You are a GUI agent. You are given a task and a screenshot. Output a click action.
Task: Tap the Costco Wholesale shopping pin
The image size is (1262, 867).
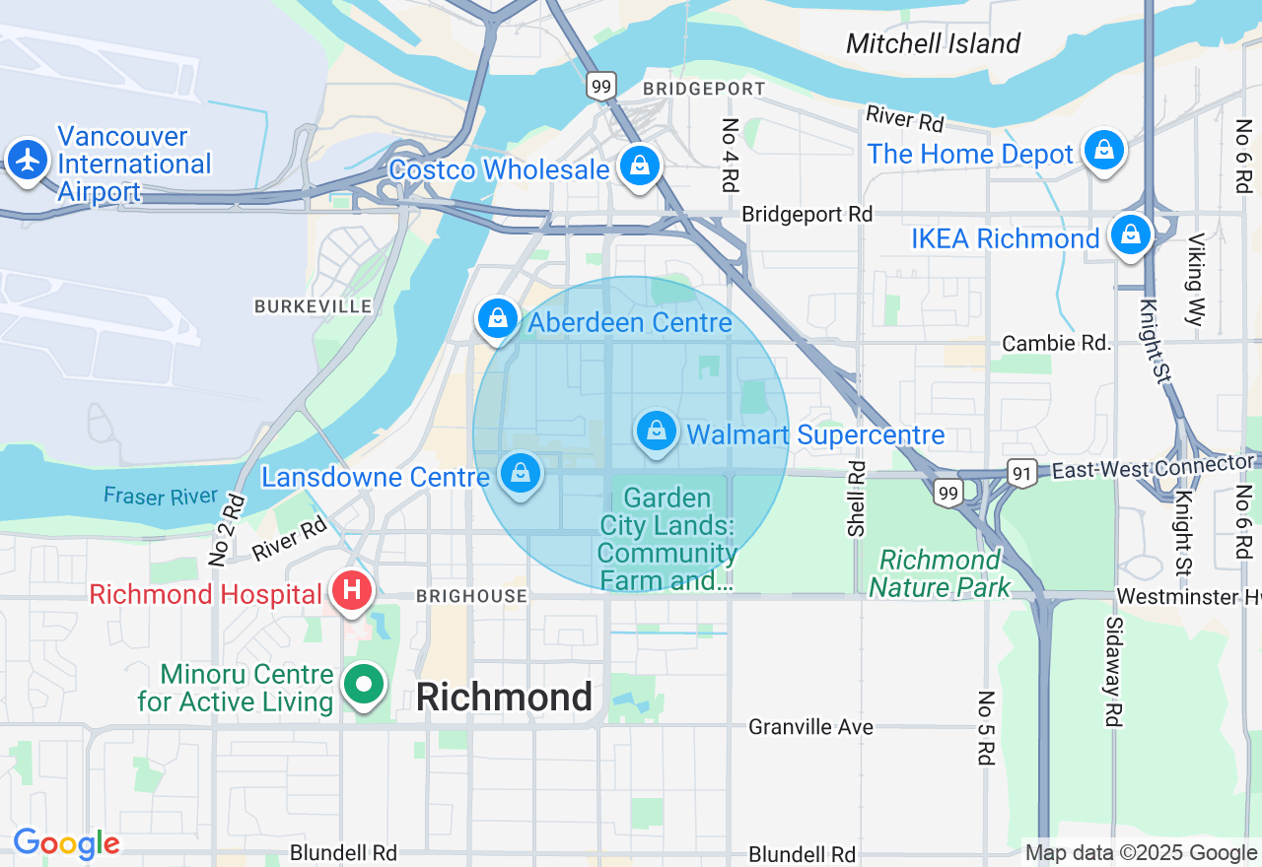[x=640, y=166]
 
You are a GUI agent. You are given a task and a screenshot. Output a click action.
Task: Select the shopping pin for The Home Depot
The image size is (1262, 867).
[x=1103, y=150]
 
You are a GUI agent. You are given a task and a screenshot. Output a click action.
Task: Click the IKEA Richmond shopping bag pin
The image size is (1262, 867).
[x=1130, y=234]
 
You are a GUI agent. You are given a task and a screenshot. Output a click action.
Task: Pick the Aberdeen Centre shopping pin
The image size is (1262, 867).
[x=498, y=318]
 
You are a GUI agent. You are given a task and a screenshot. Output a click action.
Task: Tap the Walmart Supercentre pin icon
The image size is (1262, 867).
[x=656, y=431]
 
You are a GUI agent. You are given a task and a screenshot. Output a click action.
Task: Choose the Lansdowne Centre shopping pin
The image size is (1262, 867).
[x=520, y=474]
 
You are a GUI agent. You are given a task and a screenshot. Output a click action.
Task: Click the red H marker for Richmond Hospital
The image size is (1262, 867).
[x=351, y=591]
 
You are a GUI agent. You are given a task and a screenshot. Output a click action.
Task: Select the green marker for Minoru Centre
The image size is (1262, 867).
[x=364, y=683]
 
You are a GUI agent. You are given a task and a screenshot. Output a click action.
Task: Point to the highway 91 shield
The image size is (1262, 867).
[x=1021, y=473]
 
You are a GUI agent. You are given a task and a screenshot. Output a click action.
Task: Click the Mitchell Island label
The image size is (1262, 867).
[x=933, y=43]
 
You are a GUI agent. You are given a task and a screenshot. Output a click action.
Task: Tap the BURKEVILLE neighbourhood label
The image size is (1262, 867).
[x=313, y=306]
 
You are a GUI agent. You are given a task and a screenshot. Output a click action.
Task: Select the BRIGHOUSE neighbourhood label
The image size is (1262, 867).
[x=471, y=596]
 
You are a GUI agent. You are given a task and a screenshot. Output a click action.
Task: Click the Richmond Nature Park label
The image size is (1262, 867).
[x=940, y=573]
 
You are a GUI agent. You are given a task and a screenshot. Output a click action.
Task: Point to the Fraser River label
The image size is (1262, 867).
[x=161, y=496]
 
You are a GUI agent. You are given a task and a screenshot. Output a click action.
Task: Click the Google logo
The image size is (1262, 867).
[x=66, y=843]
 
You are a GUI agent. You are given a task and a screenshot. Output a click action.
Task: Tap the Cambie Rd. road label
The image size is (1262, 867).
[x=1056, y=343]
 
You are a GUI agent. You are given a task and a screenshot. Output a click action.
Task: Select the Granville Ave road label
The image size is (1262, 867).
[x=810, y=727]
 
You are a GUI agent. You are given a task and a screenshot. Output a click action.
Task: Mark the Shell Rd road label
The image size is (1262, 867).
[x=856, y=499]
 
